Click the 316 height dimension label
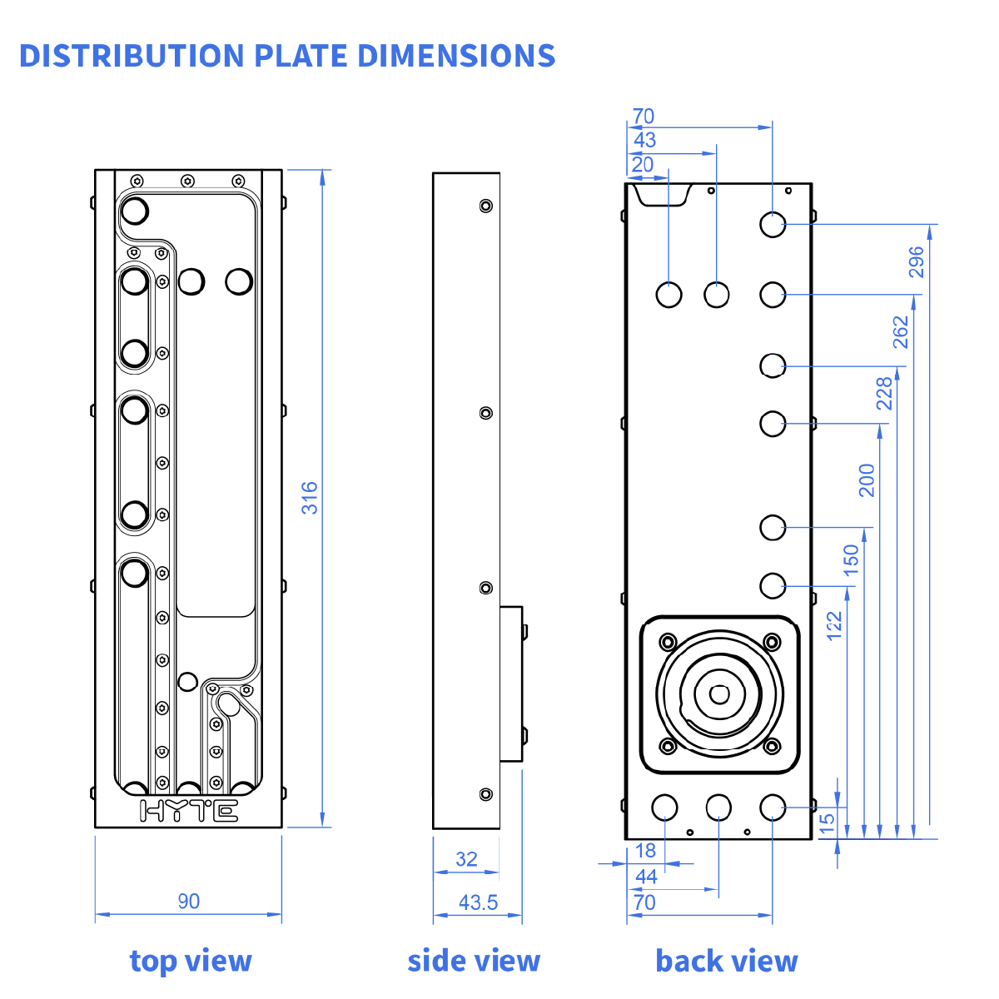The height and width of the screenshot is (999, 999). (x=310, y=498)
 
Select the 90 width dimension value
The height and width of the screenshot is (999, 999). (x=189, y=901)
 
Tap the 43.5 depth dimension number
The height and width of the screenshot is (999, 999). (x=478, y=902)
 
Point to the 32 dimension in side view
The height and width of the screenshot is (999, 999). (x=467, y=859)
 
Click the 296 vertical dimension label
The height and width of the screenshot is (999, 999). (x=917, y=261)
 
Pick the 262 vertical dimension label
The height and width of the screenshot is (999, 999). (x=901, y=332)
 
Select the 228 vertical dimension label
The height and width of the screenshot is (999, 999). (x=884, y=393)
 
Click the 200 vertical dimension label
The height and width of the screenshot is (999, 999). (x=867, y=480)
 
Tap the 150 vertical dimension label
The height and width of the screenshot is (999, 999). (x=851, y=560)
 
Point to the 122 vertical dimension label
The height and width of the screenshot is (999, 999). (x=835, y=626)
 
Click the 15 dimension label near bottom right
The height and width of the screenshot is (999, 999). (x=827, y=823)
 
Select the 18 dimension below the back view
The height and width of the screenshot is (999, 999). (x=645, y=851)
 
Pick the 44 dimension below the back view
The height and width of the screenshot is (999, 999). (x=646, y=876)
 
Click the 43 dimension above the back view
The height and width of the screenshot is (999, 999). (x=644, y=140)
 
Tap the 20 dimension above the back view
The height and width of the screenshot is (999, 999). (x=642, y=164)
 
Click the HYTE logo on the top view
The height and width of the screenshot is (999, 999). (x=189, y=811)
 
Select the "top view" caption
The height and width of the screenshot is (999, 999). (x=191, y=961)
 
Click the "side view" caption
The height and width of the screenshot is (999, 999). (x=474, y=961)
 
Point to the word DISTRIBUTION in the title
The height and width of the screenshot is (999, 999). (x=132, y=56)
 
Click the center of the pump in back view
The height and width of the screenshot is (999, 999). (x=719, y=693)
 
